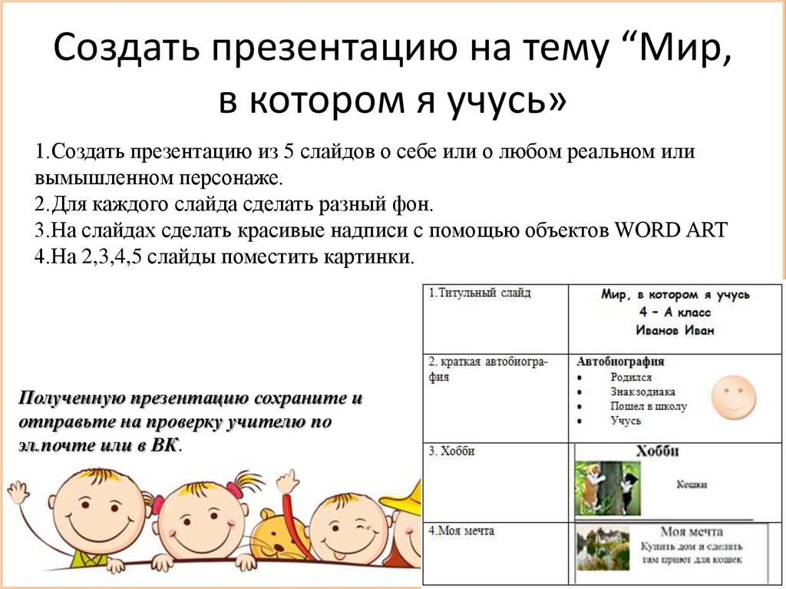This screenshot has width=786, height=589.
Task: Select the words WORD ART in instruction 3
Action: [678, 231]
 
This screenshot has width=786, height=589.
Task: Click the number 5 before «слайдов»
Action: [289, 151]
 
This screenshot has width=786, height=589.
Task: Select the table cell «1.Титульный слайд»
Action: [480, 293]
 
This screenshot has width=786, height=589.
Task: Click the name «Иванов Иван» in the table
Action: [675, 330]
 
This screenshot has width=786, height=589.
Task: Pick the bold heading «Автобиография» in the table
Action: [620, 362]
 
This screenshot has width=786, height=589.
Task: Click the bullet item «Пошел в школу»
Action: [648, 406]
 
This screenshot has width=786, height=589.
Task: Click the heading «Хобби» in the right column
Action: [658, 452]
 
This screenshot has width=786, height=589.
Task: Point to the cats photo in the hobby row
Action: [607, 488]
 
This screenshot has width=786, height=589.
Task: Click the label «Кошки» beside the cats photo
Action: [692, 485]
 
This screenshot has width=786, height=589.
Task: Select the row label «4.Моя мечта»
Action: [462, 531]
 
